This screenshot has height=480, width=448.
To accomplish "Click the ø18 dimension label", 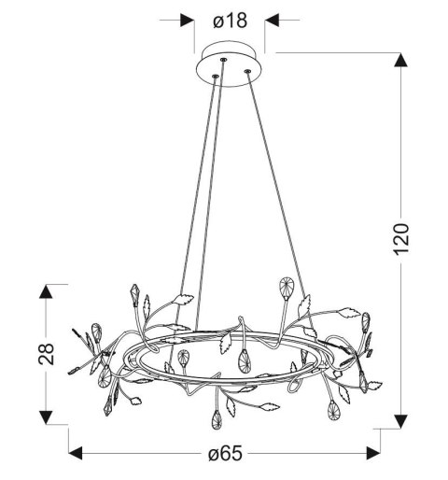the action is click(x=230, y=21).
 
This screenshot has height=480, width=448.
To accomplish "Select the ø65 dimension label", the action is click(x=225, y=453).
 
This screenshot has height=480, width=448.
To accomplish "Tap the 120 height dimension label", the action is click(x=400, y=239).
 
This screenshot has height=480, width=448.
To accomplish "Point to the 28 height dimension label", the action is click(x=46, y=354).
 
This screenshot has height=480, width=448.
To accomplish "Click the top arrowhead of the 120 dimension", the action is click(x=400, y=60).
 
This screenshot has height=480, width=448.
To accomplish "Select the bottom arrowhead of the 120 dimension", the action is click(x=400, y=422).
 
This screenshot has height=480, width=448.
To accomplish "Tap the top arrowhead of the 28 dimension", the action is click(x=46, y=291).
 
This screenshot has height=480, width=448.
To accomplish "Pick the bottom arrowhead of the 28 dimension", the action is click(x=46, y=417).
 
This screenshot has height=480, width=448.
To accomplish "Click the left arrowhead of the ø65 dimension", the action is click(x=76, y=453).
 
